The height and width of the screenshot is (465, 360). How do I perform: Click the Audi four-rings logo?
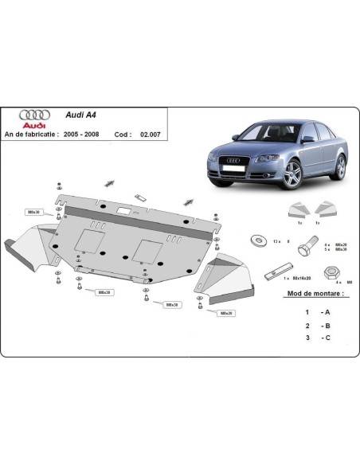pos(32,114)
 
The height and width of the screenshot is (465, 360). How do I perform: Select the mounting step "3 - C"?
pos(315,338)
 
